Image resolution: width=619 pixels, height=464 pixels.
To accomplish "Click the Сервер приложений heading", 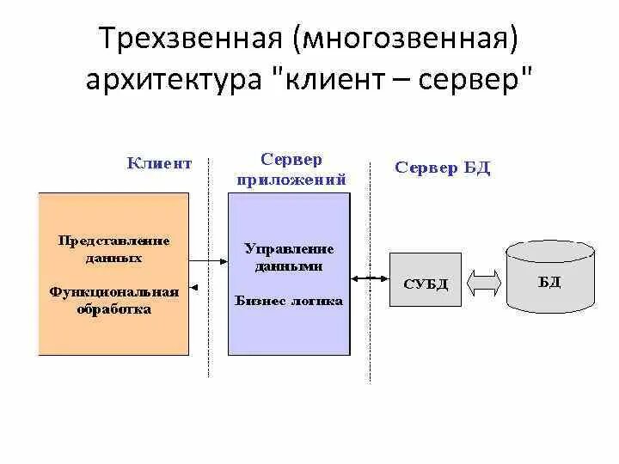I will [291, 170].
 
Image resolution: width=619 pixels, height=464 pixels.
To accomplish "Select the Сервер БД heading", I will [442, 167].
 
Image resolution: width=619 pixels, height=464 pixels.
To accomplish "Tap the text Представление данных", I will [113, 248].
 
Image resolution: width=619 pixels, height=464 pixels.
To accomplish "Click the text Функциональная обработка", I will [113, 300].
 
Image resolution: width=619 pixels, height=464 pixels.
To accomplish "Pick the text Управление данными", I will [289, 257].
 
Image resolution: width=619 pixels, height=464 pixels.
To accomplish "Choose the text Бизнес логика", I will [289, 301].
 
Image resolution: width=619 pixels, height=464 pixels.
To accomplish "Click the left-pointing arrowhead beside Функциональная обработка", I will [198, 288].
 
